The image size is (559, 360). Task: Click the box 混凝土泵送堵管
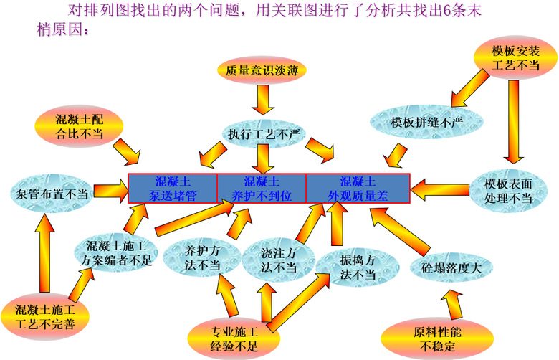(172, 187)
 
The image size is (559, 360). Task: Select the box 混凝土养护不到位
(262, 187)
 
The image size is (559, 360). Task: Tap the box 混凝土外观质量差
(358, 187)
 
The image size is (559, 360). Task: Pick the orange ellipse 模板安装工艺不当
(515, 58)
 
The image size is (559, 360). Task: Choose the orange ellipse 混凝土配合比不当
(80, 126)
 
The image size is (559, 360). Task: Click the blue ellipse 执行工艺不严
(261, 133)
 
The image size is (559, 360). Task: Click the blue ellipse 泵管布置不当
(50, 193)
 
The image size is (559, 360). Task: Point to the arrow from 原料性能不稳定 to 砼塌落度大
(448, 304)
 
